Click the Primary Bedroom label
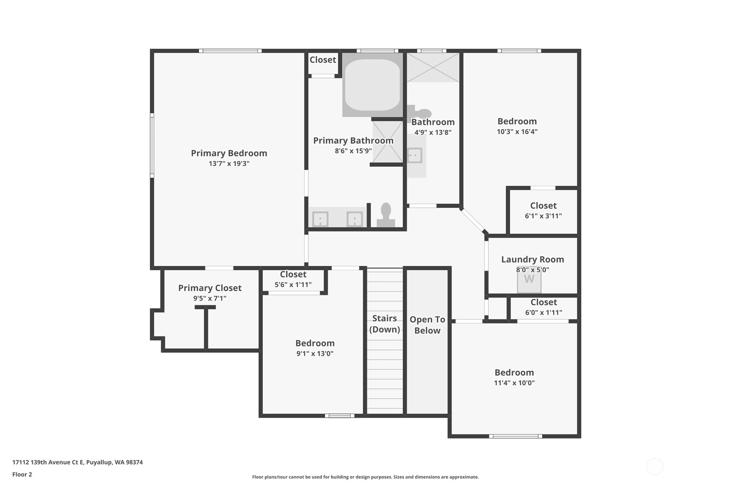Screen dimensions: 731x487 pyautogui.click(x=229, y=153)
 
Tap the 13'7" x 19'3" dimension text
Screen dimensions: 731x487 pyautogui.click(x=229, y=164)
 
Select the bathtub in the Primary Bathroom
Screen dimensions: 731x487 pyautogui.click(x=372, y=85)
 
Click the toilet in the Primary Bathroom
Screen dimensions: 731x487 pyautogui.click(x=386, y=215)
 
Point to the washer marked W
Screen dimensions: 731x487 pyautogui.click(x=529, y=279)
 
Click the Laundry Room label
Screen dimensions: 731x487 pyautogui.click(x=532, y=259)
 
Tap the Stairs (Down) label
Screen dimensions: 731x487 pyautogui.click(x=385, y=324)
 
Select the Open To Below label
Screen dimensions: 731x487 pyautogui.click(x=427, y=325)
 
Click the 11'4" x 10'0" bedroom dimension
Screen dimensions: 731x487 pyautogui.click(x=514, y=383)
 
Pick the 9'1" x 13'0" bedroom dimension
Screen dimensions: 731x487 pyautogui.click(x=315, y=353)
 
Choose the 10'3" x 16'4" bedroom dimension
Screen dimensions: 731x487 pyautogui.click(x=517, y=131)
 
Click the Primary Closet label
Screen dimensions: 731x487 pyautogui.click(x=210, y=288)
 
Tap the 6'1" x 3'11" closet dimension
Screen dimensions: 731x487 pyautogui.click(x=543, y=216)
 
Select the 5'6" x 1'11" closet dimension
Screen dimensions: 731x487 pyautogui.click(x=293, y=285)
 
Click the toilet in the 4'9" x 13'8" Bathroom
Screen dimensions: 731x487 pyautogui.click(x=420, y=114)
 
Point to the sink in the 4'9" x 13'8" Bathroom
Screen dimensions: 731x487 pyautogui.click(x=415, y=155)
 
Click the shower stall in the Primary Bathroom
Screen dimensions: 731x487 pyautogui.click(x=388, y=142)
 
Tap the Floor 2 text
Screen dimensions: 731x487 pyautogui.click(x=22, y=474)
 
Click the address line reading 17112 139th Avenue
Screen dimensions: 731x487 pyautogui.click(x=78, y=462)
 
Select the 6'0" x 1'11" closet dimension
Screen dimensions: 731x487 pyautogui.click(x=544, y=313)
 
